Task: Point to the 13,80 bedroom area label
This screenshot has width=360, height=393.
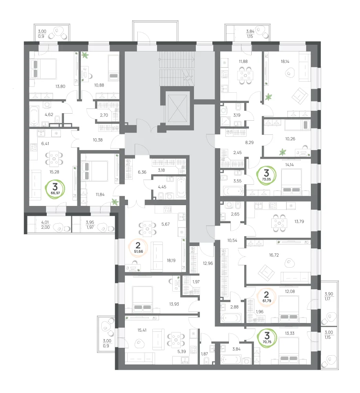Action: [x=60, y=86]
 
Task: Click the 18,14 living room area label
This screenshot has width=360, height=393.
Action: [x=285, y=61]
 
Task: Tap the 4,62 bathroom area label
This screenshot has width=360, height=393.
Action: [x=49, y=114]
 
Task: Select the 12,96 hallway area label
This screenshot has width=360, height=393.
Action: [x=208, y=263]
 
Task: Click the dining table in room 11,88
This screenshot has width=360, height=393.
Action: [x=245, y=75]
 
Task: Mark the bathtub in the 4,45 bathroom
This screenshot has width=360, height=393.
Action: [x=181, y=187]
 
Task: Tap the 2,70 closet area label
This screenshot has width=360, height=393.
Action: [x=104, y=115]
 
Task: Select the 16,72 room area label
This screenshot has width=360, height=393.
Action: [x=274, y=255]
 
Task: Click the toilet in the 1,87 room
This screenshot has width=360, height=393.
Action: [x=206, y=360]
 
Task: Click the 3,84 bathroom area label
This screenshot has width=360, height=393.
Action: [x=236, y=349]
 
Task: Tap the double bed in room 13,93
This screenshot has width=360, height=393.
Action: [x=143, y=299]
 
